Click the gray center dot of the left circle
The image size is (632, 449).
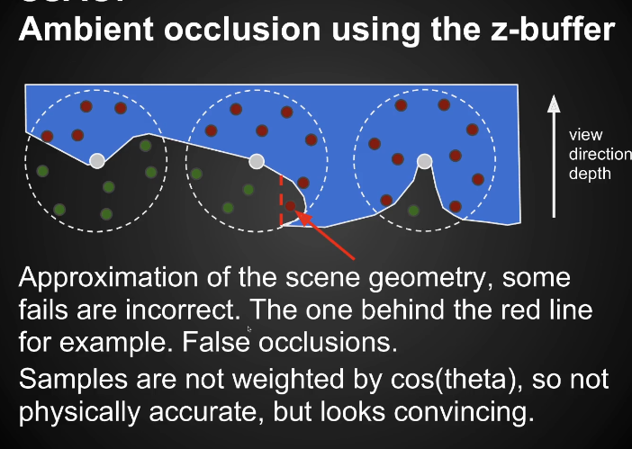(97, 161)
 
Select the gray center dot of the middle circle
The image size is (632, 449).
(257, 161)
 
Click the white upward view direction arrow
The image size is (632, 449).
(554, 153)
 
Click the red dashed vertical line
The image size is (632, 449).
(281, 202)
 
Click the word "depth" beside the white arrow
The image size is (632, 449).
(589, 173)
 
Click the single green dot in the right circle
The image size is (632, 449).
(413, 211)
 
